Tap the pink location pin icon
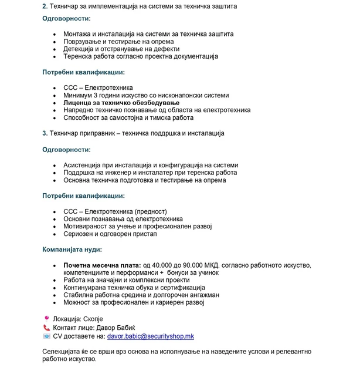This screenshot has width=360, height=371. click(46, 317)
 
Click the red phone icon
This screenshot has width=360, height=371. click(46, 326)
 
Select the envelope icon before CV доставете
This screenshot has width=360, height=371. click(46, 336)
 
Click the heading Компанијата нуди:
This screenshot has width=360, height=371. click(72, 249)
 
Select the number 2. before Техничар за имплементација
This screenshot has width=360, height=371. click(45, 6)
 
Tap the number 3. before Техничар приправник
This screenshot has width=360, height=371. click(45, 133)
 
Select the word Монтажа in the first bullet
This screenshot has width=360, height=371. click(79, 34)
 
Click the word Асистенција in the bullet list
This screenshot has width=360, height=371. click(84, 166)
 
